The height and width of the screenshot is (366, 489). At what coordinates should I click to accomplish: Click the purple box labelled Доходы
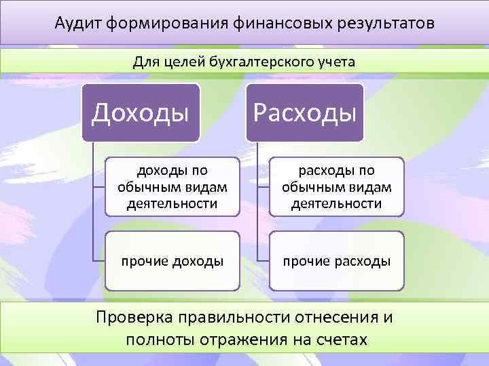(x=141, y=113)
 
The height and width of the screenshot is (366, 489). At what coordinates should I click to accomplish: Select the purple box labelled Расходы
(x=305, y=113)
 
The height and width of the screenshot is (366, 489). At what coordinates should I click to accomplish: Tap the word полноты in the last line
(x=154, y=340)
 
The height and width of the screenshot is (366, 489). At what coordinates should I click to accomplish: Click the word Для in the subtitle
(x=145, y=62)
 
